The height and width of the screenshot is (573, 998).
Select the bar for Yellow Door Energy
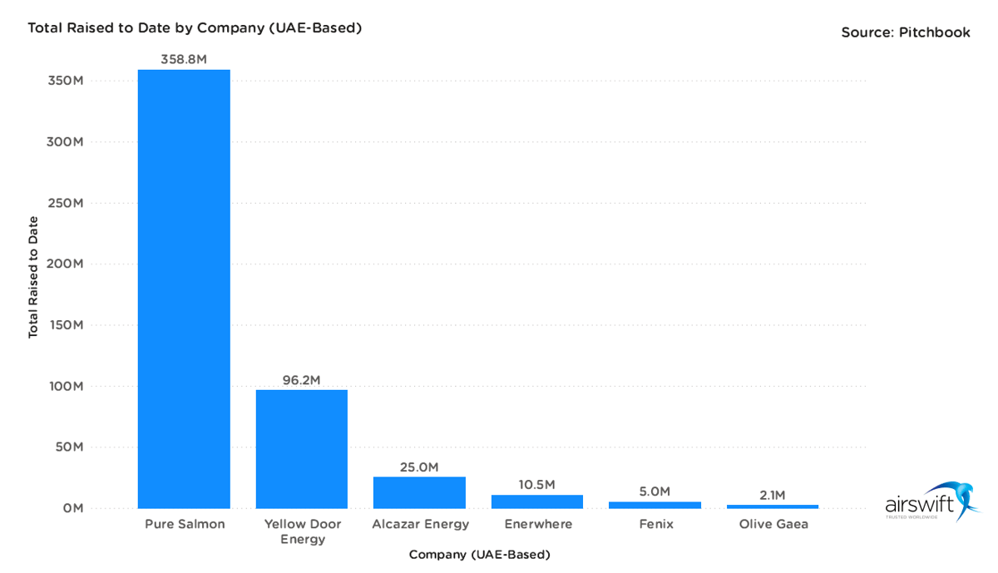[x=301, y=449]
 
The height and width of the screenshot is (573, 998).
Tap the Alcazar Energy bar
[x=419, y=492]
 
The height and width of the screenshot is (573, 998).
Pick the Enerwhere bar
[x=537, y=501]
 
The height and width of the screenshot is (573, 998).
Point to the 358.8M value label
[x=184, y=60]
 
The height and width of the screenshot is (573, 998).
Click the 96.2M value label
[x=301, y=380]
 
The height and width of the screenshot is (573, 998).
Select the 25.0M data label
[x=419, y=467]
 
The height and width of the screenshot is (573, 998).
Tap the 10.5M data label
[x=537, y=485]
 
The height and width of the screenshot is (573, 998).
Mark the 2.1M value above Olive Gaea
[x=773, y=496]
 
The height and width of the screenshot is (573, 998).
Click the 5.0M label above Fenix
[x=655, y=491]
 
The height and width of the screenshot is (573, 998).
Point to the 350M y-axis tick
[x=66, y=82]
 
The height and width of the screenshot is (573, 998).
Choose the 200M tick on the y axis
[x=66, y=264]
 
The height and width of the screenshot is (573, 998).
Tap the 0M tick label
[x=72, y=508]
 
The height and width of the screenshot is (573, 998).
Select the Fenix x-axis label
[x=655, y=525]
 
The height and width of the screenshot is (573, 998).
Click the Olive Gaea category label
[x=773, y=525]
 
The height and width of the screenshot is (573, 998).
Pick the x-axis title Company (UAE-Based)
[x=479, y=554]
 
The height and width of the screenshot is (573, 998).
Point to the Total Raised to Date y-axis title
[x=33, y=277]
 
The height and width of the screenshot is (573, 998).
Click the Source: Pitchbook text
[x=905, y=32]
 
